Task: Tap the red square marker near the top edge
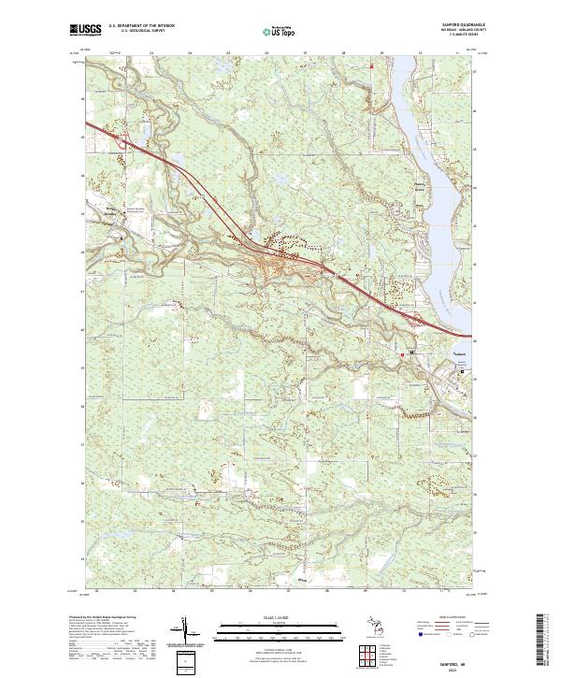pos(371,66)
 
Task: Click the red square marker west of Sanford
pos(403,354)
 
